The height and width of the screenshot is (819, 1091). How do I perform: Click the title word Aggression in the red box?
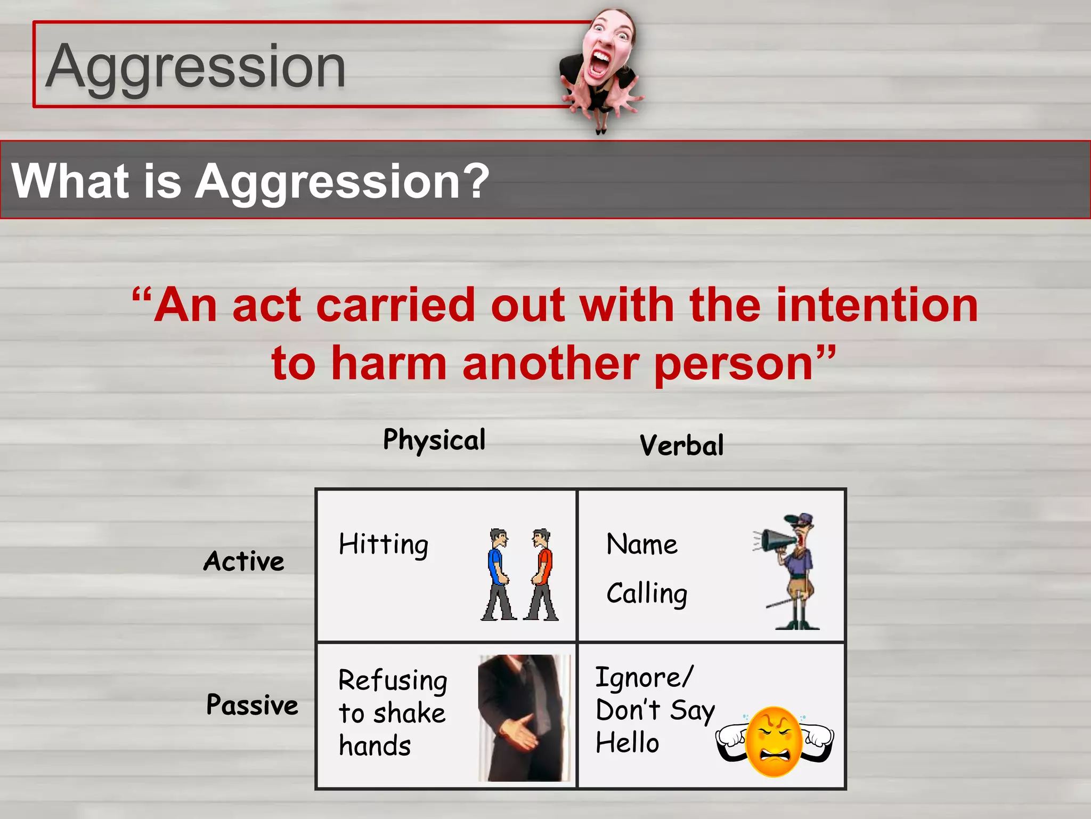tap(196, 68)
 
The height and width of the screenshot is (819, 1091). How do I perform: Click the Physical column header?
tap(434, 440)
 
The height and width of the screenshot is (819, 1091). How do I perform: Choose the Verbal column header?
tap(681, 446)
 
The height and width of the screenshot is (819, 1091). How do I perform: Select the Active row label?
tap(244, 561)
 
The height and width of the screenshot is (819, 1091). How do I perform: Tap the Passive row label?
tap(252, 705)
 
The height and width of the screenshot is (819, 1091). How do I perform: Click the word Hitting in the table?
tap(384, 545)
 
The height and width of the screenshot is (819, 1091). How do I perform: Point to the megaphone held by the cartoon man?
tap(776, 541)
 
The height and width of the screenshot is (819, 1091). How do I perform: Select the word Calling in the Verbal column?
tap(647, 594)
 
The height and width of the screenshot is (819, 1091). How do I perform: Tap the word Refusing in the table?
tap(393, 681)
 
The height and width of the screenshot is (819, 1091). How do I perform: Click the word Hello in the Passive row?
tap(627, 743)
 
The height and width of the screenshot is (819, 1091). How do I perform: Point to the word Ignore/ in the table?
tap(644, 678)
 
